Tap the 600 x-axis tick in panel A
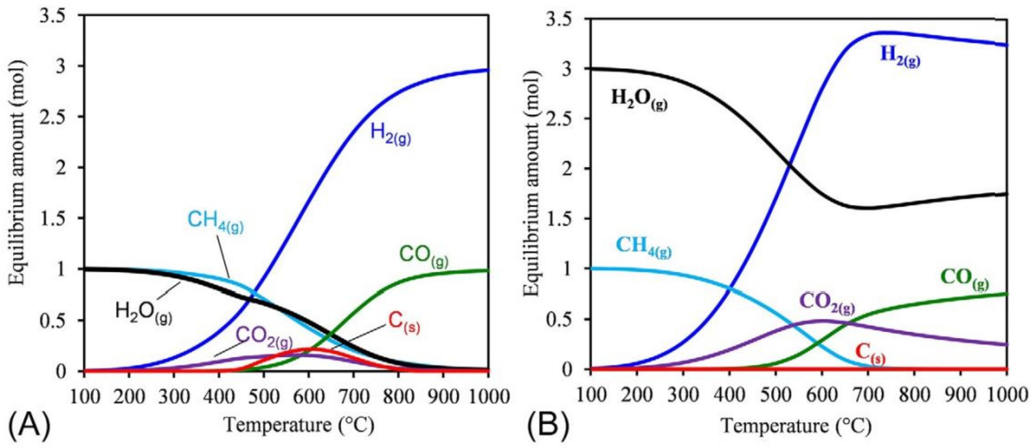[308, 397]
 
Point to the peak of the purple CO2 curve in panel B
[822, 320]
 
